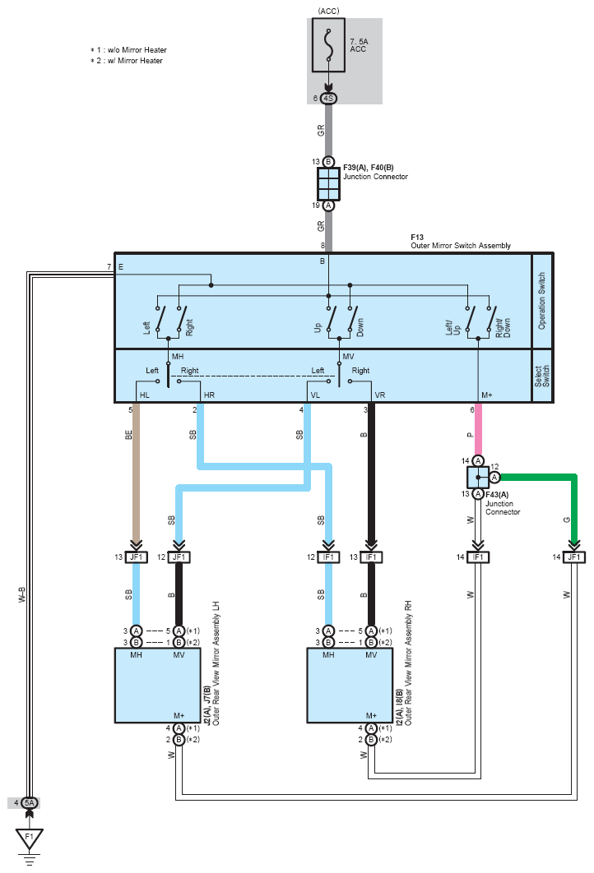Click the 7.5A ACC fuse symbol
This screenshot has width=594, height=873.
328,45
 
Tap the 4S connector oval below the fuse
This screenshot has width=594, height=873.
329,99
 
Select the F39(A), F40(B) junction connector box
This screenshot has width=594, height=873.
329,184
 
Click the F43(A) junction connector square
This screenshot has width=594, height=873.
477,477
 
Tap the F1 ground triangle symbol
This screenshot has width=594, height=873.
30,838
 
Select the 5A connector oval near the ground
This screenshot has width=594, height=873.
30,803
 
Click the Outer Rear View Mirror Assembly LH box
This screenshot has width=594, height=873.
158,686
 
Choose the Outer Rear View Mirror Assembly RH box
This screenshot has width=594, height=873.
350,686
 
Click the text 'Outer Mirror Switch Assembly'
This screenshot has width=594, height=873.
461,246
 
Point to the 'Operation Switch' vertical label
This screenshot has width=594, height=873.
541,301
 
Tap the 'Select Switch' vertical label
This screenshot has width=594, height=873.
541,376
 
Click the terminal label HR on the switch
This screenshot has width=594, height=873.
209,395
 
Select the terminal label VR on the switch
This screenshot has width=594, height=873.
380,395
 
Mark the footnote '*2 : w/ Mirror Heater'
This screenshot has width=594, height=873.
127,61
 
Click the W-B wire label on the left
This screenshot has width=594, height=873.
22,594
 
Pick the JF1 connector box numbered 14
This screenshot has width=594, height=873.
574,557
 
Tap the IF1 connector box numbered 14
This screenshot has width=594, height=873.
477,557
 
